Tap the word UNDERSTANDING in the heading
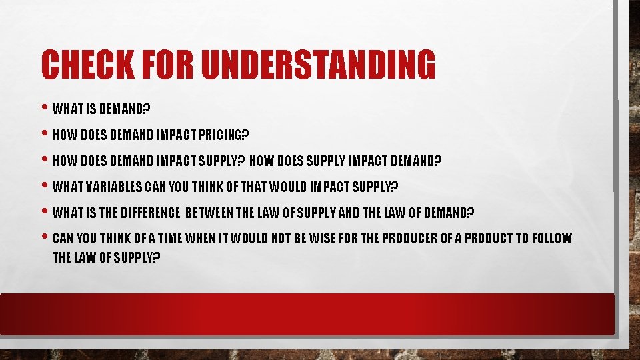(x=318, y=65)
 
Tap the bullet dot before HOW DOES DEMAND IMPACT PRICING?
(x=45, y=135)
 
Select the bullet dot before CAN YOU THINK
(x=45, y=237)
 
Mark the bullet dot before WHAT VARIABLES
(x=45, y=186)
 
